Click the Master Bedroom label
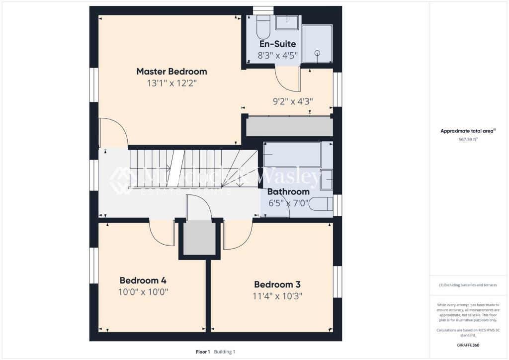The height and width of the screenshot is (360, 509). pyautogui.click(x=171, y=71)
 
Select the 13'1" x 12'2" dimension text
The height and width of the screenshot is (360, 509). pyautogui.click(x=171, y=84)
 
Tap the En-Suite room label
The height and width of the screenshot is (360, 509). pyautogui.click(x=277, y=44)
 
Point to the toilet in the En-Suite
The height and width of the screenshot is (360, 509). pyautogui.click(x=262, y=27)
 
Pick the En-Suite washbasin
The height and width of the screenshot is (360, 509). pyautogui.click(x=287, y=22)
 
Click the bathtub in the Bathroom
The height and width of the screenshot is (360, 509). pyautogui.click(x=292, y=155)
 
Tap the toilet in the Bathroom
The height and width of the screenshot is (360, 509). pyautogui.click(x=323, y=204)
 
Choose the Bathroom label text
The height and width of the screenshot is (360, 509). pyautogui.click(x=288, y=191)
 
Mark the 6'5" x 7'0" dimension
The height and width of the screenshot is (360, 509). pyautogui.click(x=288, y=203)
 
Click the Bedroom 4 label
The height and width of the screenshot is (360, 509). pyautogui.click(x=143, y=279)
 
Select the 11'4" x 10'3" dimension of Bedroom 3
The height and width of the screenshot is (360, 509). pyautogui.click(x=277, y=296)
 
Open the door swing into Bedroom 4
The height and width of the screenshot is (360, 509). pyautogui.click(x=162, y=234)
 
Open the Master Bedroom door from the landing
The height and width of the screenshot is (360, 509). pyautogui.click(x=113, y=133)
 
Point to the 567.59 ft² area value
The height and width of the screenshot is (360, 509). pyautogui.click(x=468, y=140)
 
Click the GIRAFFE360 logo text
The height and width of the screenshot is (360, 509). pyautogui.click(x=468, y=345)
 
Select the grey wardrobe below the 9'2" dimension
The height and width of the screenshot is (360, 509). pyautogui.click(x=289, y=127)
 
